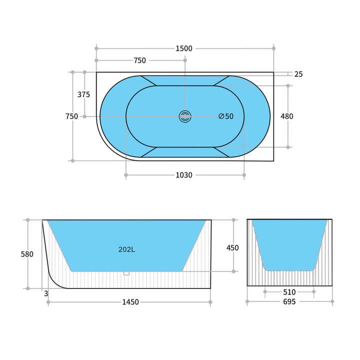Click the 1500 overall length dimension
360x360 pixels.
(184, 48)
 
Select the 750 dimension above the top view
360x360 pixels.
(140, 60)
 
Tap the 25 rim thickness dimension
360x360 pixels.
(298, 74)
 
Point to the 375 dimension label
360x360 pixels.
(84, 94)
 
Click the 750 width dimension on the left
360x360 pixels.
(71, 116)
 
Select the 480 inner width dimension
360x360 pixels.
(287, 116)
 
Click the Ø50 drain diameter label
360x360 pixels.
(226, 116)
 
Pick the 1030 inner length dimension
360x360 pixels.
(184, 175)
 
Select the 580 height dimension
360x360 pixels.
(27, 254)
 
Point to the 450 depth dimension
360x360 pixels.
(232, 248)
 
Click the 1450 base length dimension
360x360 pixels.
(129, 302)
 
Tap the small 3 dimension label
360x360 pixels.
(46, 293)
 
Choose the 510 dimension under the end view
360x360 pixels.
(289, 292)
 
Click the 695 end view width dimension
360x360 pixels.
(289, 301)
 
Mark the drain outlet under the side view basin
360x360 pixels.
(126, 273)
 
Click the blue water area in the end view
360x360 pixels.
(289, 242)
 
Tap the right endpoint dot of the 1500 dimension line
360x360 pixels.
(274, 48)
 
